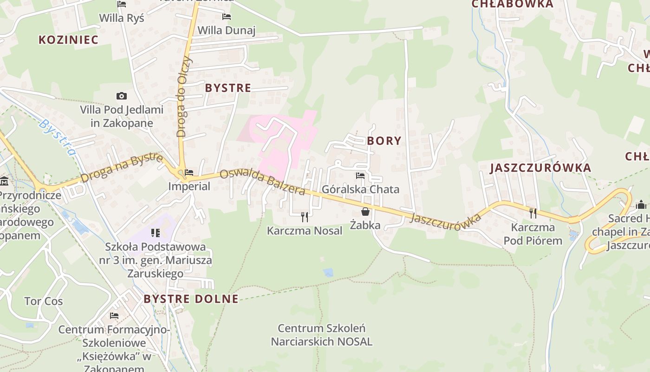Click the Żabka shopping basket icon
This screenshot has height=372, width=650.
[365, 212]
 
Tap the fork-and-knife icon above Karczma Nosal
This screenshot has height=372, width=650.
[305, 216]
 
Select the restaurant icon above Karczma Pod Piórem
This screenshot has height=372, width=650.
[533, 213]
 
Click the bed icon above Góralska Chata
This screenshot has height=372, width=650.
[360, 176]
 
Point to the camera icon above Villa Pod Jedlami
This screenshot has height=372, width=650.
[122, 96]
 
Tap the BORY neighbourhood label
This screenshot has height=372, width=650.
[384, 141]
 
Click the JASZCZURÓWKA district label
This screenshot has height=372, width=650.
[540, 168]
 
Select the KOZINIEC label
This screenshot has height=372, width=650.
[69, 40]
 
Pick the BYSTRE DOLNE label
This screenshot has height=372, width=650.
[191, 299]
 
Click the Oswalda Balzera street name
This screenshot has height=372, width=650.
[263, 182]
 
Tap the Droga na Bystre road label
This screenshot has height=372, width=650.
[122, 168]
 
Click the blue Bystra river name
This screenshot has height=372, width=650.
[58, 138]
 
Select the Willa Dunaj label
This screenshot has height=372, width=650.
[227, 31]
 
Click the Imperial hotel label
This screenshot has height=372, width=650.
[189, 186]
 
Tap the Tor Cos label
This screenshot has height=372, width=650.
[44, 301]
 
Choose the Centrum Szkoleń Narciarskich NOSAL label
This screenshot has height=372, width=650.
[321, 335]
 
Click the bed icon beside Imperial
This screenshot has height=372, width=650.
[189, 173]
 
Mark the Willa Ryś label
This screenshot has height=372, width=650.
[122, 18]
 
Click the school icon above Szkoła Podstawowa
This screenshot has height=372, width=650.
[155, 232]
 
